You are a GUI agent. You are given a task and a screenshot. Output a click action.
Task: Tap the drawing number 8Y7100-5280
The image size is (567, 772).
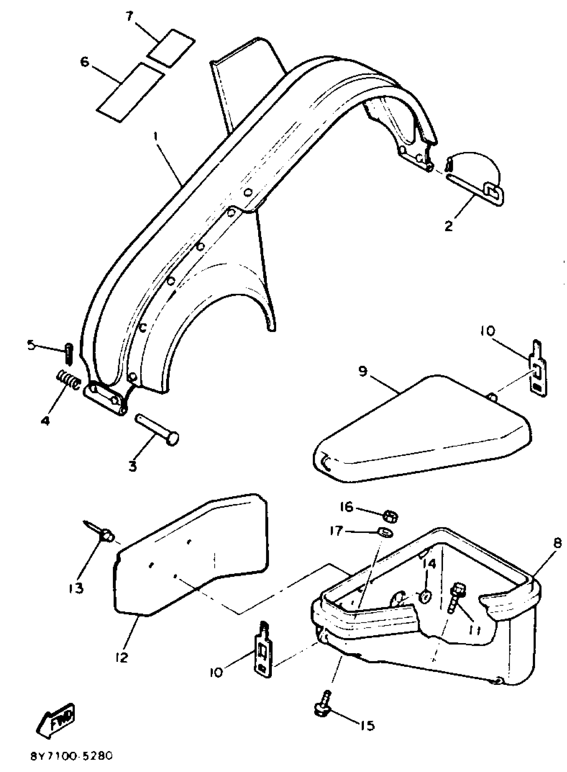(x=71, y=756)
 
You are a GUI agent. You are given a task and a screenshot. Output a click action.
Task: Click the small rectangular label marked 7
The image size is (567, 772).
(x=171, y=48)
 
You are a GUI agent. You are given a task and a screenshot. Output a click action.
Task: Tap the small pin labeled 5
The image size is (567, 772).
(x=69, y=354)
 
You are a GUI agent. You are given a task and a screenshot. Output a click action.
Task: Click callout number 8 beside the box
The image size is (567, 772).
(x=557, y=543)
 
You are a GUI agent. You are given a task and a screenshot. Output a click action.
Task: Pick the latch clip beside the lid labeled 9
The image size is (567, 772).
(x=538, y=369)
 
